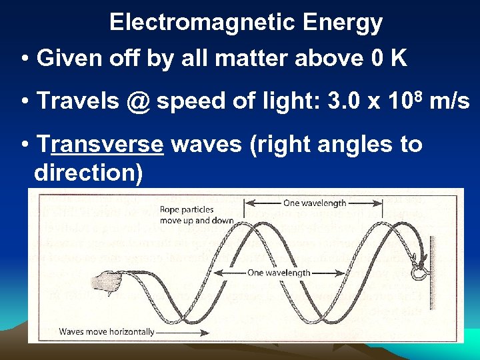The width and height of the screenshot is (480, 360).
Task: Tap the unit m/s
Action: (x=451, y=101)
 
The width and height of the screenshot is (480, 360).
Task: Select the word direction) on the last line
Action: (x=88, y=173)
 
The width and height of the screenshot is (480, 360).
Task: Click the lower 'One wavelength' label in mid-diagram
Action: (x=279, y=273)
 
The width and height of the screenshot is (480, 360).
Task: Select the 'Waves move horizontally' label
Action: (x=106, y=331)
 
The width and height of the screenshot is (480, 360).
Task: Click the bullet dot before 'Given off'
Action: (x=25, y=59)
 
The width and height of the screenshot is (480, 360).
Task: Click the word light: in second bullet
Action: (x=289, y=101)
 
